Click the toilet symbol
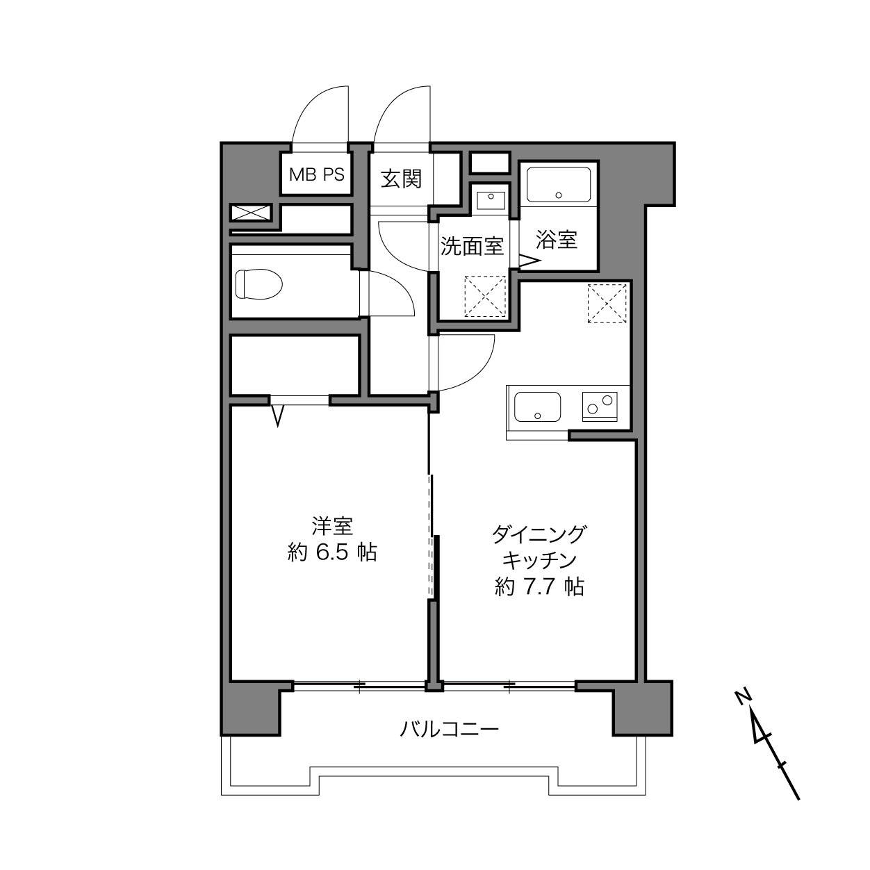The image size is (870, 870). tap(258, 284)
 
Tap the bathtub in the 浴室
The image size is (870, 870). tap(559, 185)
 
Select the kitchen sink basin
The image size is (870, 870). tap(537, 407)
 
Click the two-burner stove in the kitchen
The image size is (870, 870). tap(600, 406)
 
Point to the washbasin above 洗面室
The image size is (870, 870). tap(491, 200)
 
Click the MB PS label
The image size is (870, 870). tap(316, 174)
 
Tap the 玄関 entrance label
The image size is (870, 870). tap(401, 179)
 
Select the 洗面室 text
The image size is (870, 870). tap(472, 246)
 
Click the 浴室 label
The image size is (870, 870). tap(556, 240)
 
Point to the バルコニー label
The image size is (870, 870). tap(449, 728)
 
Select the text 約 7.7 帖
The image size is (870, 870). tap(539, 587)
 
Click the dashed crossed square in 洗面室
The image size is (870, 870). tap(485, 296)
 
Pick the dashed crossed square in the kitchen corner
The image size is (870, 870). tap(607, 304)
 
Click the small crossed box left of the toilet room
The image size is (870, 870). tap(252, 213)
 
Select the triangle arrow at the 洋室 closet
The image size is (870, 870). tap(278, 416)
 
